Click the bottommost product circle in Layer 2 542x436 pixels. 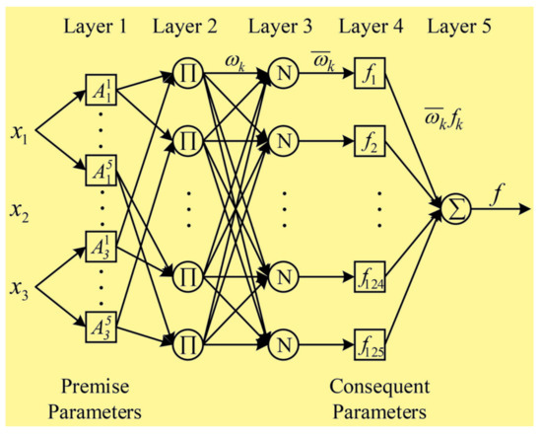coord(188,345)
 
